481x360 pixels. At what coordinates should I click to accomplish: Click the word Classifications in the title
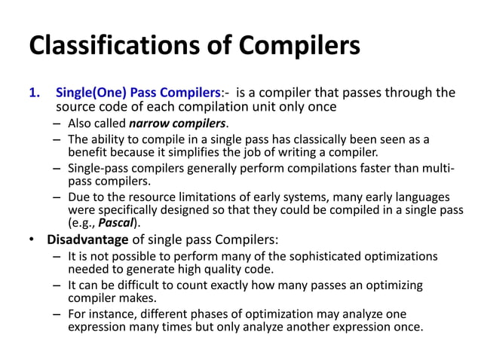click(110, 46)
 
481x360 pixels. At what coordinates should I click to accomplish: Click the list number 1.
click(33, 93)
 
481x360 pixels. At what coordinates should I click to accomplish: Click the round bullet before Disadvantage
click(32, 241)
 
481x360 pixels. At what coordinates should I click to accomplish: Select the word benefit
click(89, 153)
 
